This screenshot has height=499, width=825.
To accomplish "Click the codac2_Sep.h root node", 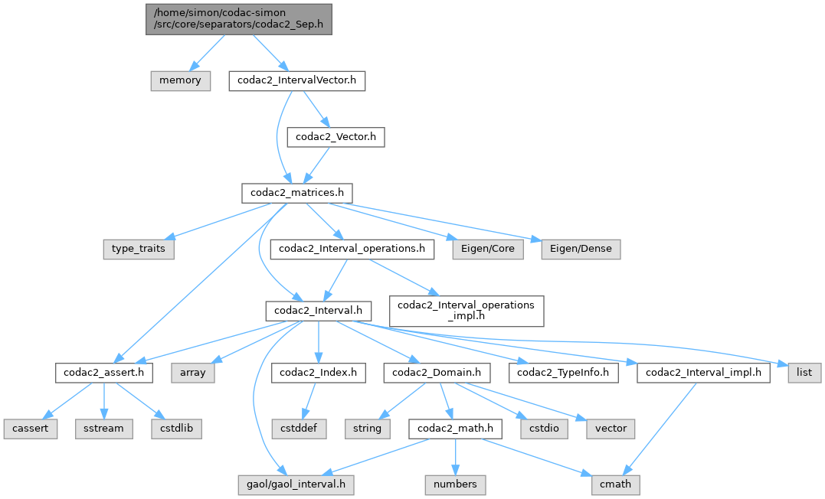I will [x=239, y=19].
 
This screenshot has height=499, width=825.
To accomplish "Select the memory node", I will [x=180, y=80].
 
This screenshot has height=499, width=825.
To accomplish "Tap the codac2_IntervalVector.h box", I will [x=297, y=80].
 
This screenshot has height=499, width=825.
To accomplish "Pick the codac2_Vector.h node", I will [x=335, y=137].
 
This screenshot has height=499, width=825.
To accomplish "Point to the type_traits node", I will [x=139, y=249].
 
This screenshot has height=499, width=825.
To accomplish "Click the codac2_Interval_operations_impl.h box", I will [x=467, y=311].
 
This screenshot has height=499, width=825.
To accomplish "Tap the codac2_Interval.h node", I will [x=319, y=311].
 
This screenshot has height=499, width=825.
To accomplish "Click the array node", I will [x=193, y=373].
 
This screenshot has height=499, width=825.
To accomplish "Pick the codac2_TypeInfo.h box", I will [x=563, y=373].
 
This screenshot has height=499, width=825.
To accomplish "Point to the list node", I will [x=804, y=373].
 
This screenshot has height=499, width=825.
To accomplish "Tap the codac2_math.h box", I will [x=455, y=429].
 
